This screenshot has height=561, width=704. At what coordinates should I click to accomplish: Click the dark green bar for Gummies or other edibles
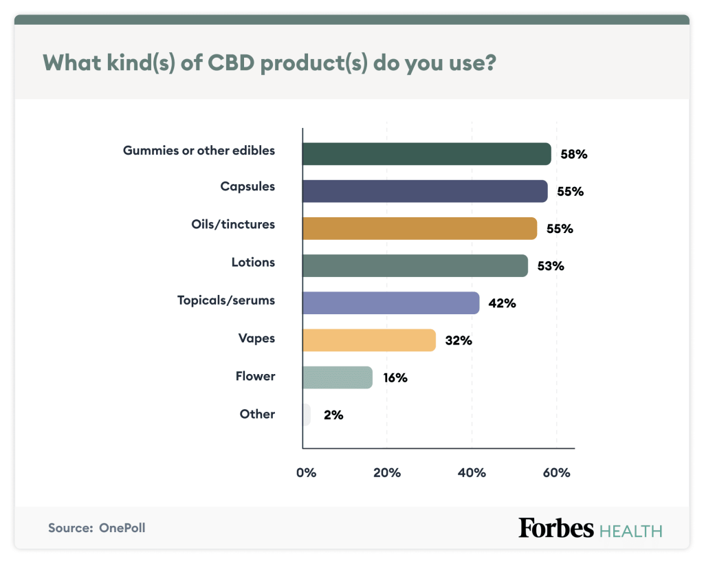tap(426, 154)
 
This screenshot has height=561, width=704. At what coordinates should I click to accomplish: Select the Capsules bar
tap(425, 191)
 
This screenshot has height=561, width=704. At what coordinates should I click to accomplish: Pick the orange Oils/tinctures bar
tap(419, 228)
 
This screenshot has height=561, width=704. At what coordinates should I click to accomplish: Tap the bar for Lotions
tap(415, 265)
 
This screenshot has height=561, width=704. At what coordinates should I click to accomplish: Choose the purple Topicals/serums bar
tap(390, 302)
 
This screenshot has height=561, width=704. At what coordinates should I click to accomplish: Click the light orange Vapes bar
tap(369, 340)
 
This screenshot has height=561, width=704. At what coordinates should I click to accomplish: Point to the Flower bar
tap(338, 377)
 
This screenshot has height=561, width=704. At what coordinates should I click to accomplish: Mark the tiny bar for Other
tap(307, 415)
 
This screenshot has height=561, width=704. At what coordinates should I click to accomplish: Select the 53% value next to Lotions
tap(549, 266)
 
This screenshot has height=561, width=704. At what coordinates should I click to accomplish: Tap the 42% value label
tap(501, 303)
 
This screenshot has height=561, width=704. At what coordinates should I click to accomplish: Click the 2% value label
tap(333, 415)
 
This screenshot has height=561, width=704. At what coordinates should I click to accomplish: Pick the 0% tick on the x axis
tap(306, 473)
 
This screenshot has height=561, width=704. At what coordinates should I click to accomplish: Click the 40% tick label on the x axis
tap(472, 473)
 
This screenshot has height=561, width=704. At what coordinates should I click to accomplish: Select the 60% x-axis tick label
tap(556, 473)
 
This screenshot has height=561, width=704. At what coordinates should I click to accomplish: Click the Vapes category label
tap(256, 338)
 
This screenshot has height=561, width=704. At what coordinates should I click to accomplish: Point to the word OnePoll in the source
tap(122, 528)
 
